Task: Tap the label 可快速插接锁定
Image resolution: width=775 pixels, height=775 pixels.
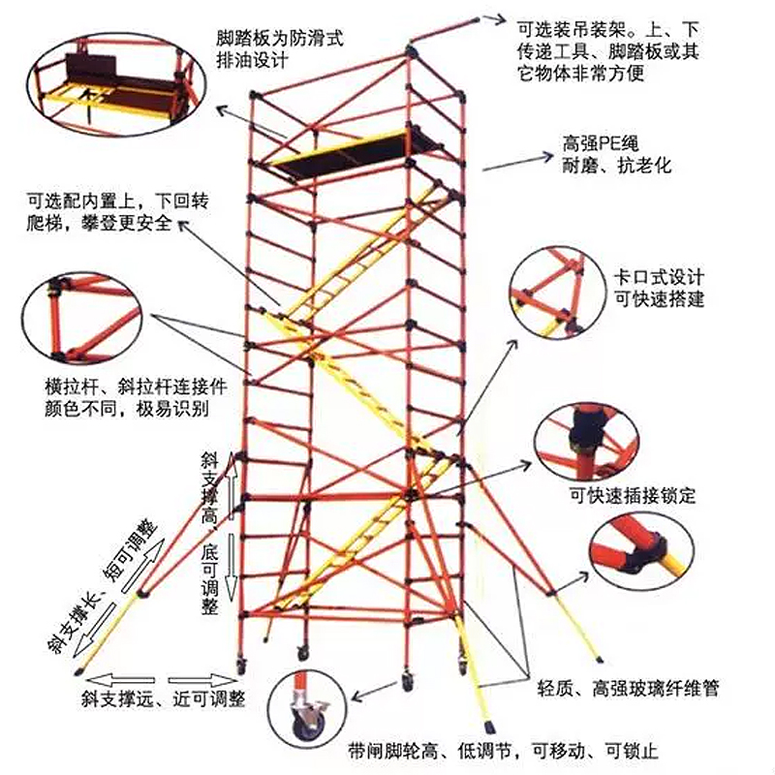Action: pyautogui.click(x=633, y=496)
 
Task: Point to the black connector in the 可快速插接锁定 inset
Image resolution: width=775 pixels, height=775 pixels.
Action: pyautogui.click(x=586, y=423)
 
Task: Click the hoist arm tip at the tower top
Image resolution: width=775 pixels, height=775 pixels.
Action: pyautogui.click(x=478, y=16)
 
